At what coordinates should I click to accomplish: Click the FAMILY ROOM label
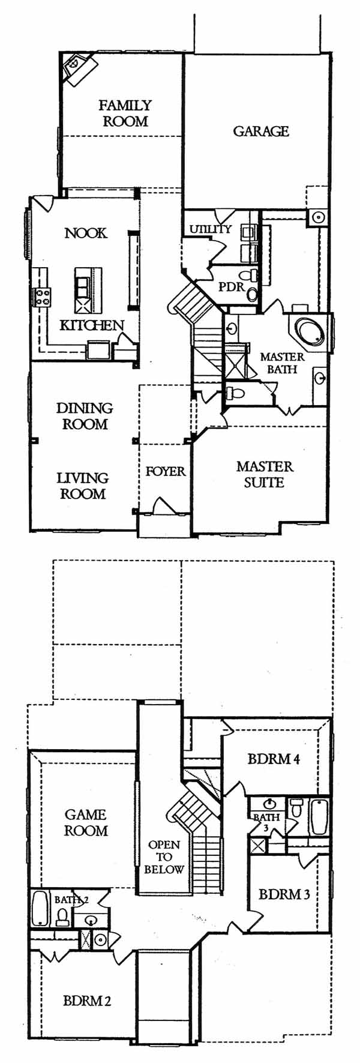click(x=125, y=113)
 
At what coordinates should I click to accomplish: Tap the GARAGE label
click(x=261, y=131)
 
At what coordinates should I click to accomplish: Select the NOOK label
click(x=86, y=233)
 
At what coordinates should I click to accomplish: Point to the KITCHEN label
click(x=92, y=325)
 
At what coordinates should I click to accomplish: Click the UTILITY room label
click(x=210, y=229)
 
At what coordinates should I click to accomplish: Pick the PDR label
click(x=231, y=287)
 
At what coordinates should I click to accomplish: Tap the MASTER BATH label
click(x=282, y=363)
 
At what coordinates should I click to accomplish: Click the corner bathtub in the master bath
click(x=310, y=331)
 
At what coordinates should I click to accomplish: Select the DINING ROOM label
click(x=85, y=416)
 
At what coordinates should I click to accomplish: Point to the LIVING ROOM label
click(x=83, y=486)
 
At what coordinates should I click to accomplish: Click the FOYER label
click(x=166, y=472)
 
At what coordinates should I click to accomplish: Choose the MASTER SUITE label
click(x=265, y=474)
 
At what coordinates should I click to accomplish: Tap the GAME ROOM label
click(x=86, y=823)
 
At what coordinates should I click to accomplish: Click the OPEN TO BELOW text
click(x=164, y=857)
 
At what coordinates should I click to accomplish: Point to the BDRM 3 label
click(x=284, y=894)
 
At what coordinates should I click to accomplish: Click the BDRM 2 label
click(x=87, y=1001)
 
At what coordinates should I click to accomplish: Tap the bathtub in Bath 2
click(x=40, y=909)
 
